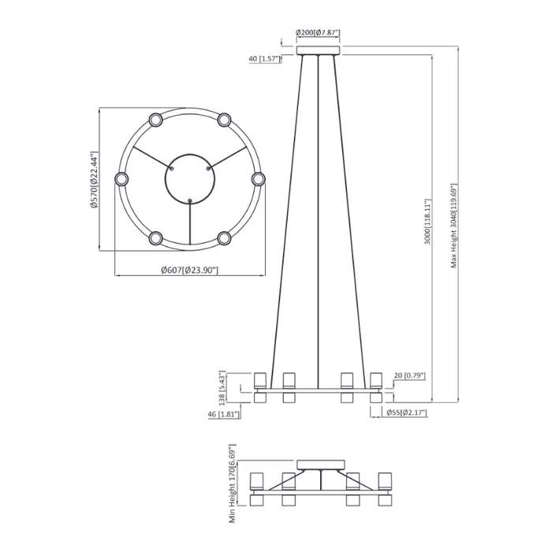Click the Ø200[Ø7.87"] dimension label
click(317, 33)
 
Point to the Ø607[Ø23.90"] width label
click(189, 270)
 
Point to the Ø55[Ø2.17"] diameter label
click(405, 411)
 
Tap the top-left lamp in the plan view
click(155, 120)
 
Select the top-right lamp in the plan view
click(225, 120)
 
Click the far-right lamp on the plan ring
click(259, 179)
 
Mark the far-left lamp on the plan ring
click(121, 179)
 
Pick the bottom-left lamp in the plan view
click(155, 238)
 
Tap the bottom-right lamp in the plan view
click(225, 238)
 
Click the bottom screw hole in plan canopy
click(190, 200)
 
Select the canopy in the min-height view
click(320, 464)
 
